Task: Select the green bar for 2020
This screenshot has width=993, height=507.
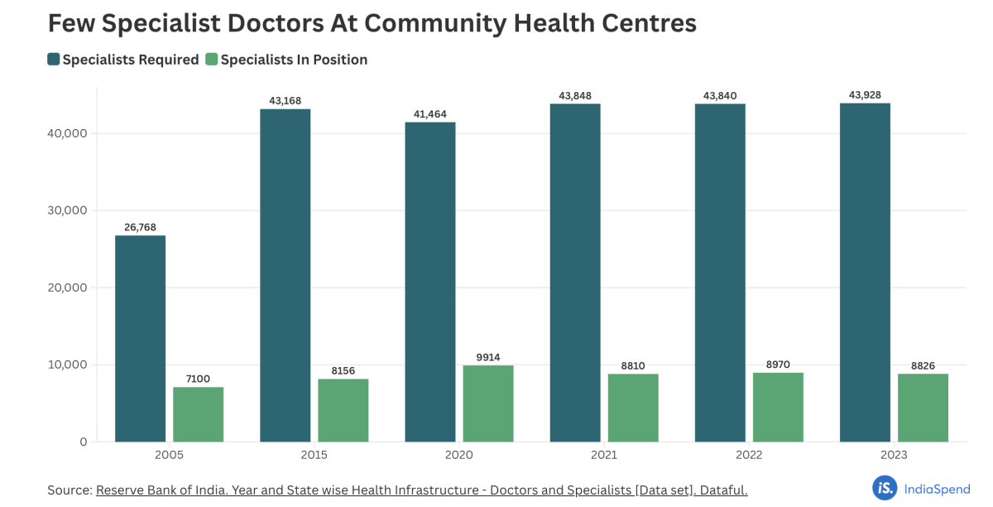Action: point(488,403)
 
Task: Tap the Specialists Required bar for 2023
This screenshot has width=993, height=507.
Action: point(865,273)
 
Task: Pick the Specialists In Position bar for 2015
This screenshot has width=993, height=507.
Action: point(343,410)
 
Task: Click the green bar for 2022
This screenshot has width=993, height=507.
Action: point(778,407)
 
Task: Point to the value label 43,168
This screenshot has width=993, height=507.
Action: point(285,101)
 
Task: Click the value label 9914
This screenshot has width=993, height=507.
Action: point(488,357)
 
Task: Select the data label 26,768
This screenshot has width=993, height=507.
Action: point(140,228)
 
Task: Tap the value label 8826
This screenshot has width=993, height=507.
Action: point(923,365)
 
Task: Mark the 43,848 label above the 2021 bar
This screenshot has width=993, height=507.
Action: point(575,95)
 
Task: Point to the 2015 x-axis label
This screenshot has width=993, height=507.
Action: point(314,456)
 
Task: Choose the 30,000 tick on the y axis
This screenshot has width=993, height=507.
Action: point(65,210)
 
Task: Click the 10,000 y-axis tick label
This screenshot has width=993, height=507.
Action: point(65,365)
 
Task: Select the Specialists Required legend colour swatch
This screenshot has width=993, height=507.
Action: point(54,60)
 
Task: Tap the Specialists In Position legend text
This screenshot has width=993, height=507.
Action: point(294,60)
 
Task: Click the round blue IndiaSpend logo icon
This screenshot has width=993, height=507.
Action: point(884,488)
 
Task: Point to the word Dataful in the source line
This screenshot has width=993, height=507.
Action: point(722,490)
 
